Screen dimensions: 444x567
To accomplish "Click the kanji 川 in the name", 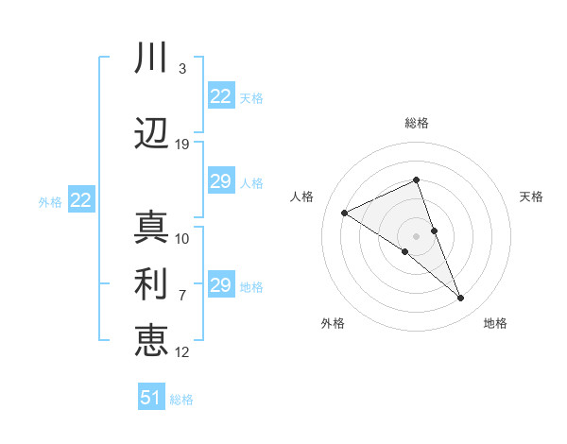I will pyautogui.click(x=151, y=60).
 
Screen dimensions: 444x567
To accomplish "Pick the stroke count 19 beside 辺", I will pyautogui.click(x=182, y=145).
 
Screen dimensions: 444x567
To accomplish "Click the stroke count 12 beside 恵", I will pyautogui.click(x=182, y=352).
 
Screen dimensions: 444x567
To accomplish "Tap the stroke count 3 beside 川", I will pyautogui.click(x=182, y=69).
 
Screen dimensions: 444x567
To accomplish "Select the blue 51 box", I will pyautogui.click(x=151, y=398).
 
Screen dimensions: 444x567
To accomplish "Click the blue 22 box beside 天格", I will pyautogui.click(x=221, y=96).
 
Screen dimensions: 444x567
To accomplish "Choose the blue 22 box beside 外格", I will pyautogui.click(x=80, y=200).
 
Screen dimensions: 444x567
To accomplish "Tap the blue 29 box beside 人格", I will pyautogui.click(x=221, y=181).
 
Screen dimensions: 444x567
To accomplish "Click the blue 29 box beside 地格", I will pyautogui.click(x=221, y=285).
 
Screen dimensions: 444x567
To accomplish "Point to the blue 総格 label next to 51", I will pyautogui.click(x=181, y=400).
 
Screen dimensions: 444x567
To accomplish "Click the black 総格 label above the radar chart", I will pyautogui.click(x=417, y=123).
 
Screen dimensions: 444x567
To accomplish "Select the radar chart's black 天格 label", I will pyautogui.click(x=531, y=196).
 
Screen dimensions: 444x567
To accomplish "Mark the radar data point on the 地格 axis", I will pyautogui.click(x=461, y=299).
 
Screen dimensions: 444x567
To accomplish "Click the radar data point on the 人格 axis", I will pyautogui.click(x=344, y=213).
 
